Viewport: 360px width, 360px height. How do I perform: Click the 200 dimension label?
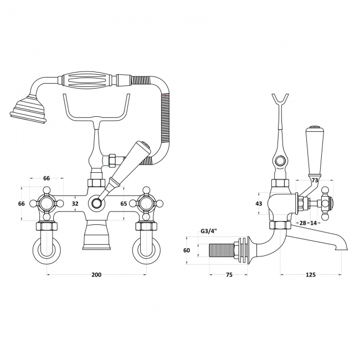point(96,275)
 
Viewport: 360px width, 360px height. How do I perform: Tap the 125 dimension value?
point(311,275)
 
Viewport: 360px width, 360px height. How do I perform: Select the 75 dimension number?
point(229,275)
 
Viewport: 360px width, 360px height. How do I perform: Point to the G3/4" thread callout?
point(209,231)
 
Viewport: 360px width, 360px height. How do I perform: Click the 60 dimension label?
point(187,250)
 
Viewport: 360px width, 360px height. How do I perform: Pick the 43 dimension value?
point(259,203)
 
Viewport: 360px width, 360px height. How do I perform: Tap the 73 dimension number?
point(315,181)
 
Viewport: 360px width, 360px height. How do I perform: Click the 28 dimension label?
point(303,223)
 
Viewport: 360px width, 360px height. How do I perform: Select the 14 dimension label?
point(313,223)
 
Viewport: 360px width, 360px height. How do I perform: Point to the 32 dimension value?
point(75,203)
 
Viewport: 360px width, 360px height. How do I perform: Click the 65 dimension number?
point(124,203)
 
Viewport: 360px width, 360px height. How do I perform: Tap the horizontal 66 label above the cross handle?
point(47,178)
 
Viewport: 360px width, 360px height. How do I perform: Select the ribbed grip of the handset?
point(88,82)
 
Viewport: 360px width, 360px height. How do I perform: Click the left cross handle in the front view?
point(47,203)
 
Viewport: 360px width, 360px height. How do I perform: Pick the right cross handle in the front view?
point(146,203)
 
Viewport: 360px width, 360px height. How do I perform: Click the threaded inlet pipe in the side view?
point(222,251)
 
